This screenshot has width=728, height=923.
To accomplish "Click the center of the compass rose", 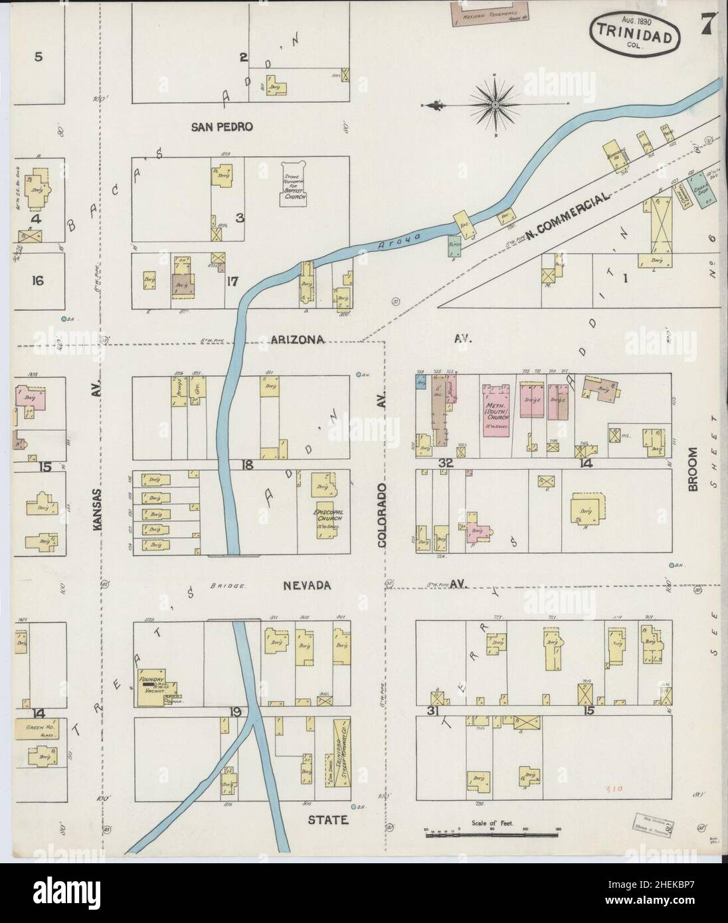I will (496, 105).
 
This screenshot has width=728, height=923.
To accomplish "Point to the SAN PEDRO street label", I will (221, 127).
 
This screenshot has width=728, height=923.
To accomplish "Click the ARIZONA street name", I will (297, 339).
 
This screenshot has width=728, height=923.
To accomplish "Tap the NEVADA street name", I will (306, 585).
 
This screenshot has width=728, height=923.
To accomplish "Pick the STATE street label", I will (327, 820).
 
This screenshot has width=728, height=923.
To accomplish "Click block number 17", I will (232, 282).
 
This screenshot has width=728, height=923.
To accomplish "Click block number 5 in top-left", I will (38, 56).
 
